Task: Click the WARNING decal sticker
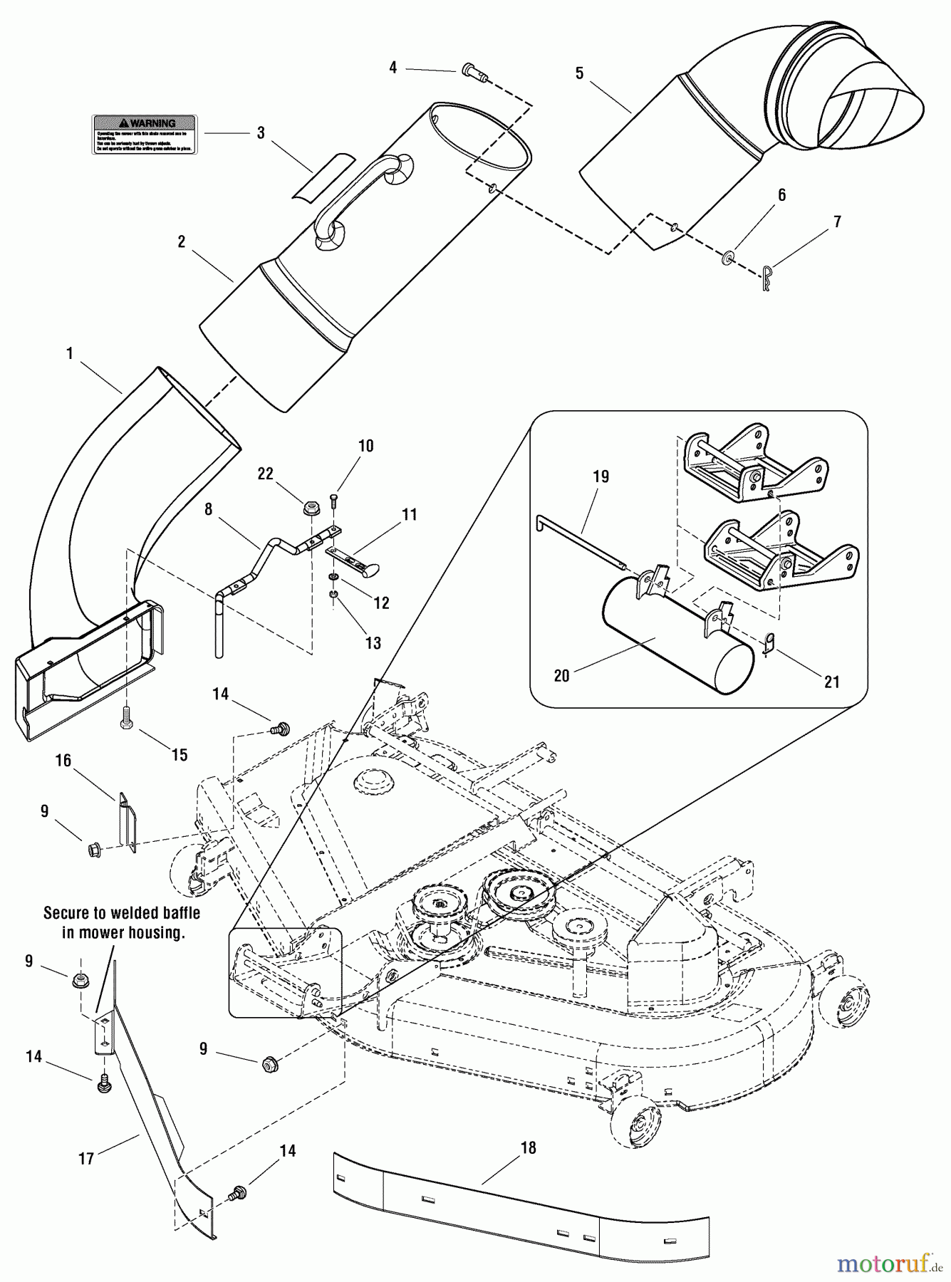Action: point(145,134)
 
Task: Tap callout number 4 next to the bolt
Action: point(393,68)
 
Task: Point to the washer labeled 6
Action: point(727,257)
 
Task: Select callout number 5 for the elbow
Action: point(579,73)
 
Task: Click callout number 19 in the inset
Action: point(601,476)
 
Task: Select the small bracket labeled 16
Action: point(127,822)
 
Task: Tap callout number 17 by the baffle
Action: point(86,1159)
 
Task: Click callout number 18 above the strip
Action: point(528,1147)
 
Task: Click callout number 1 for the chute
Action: point(69,354)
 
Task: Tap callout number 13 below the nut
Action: point(373,642)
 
